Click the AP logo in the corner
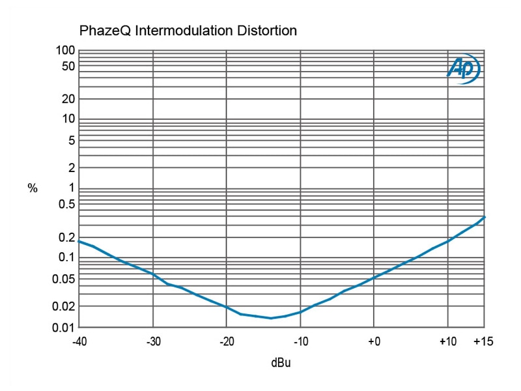(x=464, y=68)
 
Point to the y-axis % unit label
(x=33, y=188)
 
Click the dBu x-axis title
(x=281, y=362)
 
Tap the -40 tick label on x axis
(x=79, y=341)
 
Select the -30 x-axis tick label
(x=153, y=341)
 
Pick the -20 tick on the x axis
(x=227, y=341)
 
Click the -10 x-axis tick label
(x=300, y=341)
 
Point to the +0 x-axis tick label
(x=374, y=341)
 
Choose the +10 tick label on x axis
(x=447, y=341)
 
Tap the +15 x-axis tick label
(x=485, y=341)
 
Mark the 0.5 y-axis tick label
(x=67, y=205)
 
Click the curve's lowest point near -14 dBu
(x=270, y=318)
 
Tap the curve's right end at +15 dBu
(x=485, y=217)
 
